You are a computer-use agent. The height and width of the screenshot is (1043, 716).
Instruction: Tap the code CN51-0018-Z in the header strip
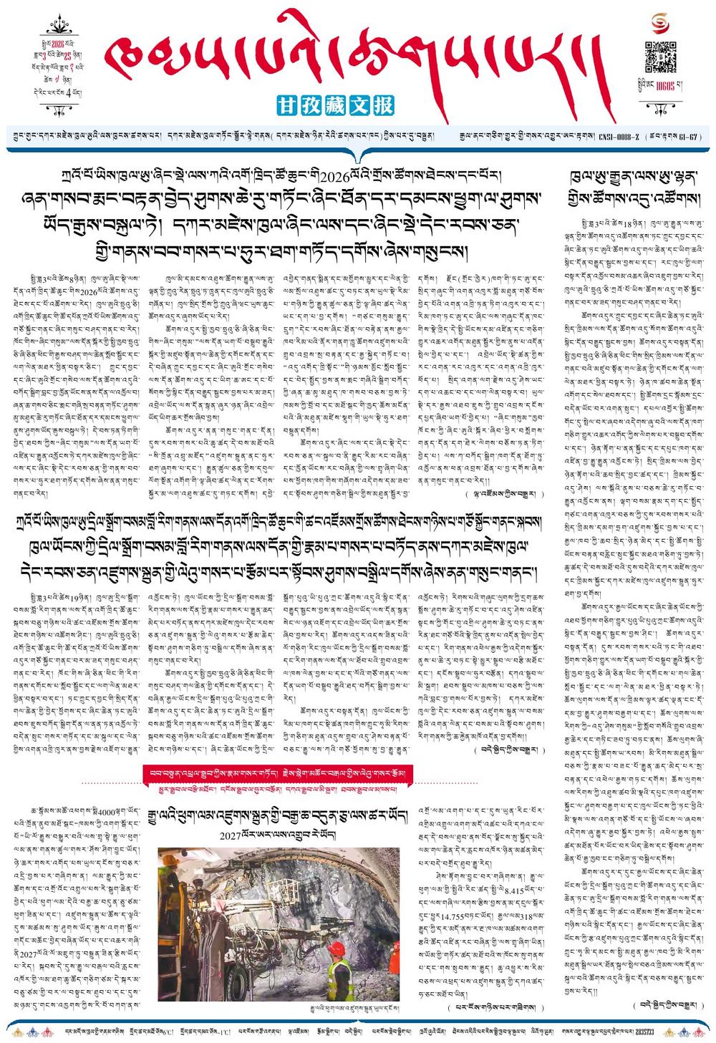(x=619, y=136)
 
